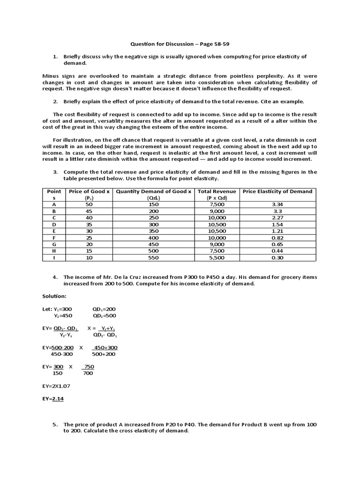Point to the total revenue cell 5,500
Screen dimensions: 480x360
tap(216, 257)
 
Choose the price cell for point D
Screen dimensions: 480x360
tap(89, 225)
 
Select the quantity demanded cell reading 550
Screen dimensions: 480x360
tap(154, 257)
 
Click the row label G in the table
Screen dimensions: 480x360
tap(54, 244)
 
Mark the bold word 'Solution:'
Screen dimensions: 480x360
tap(54, 296)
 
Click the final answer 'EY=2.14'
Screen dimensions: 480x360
tap(52, 398)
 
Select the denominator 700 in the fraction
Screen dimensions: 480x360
tap(88, 373)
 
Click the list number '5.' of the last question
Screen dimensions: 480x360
tap(55, 424)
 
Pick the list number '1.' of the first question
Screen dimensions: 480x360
tap(55, 57)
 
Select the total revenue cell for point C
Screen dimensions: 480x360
tap(216, 217)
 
